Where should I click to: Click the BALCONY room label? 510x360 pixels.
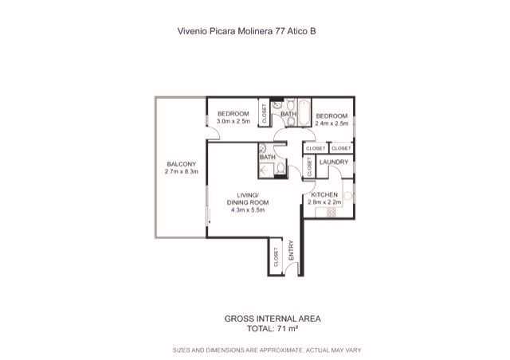(181, 164)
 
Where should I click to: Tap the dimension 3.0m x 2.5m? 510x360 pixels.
(233, 121)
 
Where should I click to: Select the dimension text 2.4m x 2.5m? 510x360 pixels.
(331, 123)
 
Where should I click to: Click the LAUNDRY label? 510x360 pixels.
(334, 162)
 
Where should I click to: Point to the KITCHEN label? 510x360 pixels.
(324, 195)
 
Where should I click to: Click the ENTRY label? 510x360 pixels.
(291, 250)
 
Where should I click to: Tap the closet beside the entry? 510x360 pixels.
(276, 257)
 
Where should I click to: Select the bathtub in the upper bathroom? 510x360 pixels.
(304, 112)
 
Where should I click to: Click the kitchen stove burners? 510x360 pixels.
(331, 213)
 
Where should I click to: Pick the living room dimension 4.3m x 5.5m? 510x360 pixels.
(248, 209)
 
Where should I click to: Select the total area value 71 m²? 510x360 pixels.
(288, 328)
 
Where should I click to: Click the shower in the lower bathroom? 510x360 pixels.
(267, 169)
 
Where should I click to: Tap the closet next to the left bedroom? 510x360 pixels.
(264, 112)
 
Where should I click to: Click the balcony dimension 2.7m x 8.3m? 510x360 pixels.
(181, 171)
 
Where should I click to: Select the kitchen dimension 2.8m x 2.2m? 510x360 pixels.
(324, 202)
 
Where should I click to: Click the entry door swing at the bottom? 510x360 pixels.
(292, 268)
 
